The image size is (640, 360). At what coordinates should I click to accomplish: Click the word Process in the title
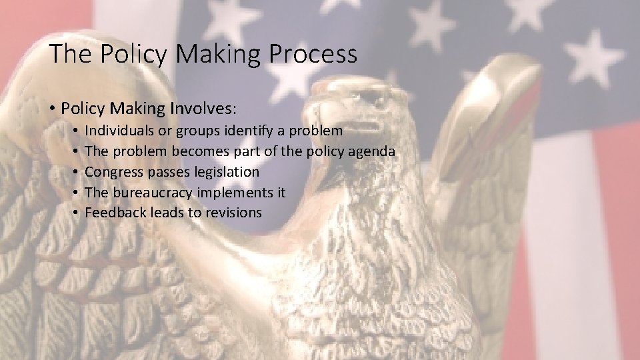tap(315, 54)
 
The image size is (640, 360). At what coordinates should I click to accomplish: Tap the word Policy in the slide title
tap(127, 54)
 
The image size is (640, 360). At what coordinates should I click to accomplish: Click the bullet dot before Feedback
tap(77, 213)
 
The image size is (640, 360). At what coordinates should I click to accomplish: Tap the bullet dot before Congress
tap(77, 172)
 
